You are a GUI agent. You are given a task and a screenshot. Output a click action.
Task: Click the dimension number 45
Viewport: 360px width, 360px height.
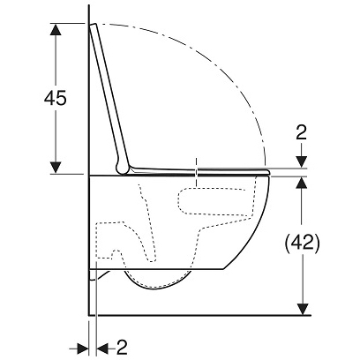56,98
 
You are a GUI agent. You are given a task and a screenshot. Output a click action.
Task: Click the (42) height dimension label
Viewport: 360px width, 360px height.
302,244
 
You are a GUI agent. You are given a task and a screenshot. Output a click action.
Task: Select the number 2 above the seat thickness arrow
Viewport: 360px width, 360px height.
302,132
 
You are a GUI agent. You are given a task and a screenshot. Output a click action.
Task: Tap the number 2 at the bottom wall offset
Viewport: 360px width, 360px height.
122,348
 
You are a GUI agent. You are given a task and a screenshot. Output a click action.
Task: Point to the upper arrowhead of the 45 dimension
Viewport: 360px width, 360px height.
56,29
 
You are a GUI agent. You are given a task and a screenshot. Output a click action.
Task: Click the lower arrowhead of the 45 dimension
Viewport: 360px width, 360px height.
56,168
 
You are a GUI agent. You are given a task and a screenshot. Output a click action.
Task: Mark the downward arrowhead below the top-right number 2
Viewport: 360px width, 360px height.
302,162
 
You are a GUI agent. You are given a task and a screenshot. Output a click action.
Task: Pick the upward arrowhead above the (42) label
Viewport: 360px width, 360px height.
302,183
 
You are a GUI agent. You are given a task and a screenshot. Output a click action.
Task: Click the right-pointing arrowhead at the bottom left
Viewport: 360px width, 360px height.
83,349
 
